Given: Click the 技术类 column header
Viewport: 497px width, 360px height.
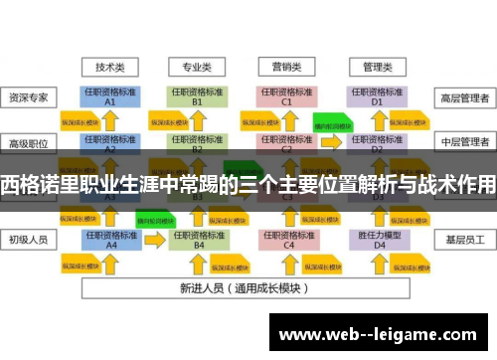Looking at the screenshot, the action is (x=110, y=67).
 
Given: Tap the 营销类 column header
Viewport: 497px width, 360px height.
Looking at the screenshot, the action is (x=287, y=67).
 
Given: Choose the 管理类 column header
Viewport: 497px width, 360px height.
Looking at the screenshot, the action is (x=376, y=67).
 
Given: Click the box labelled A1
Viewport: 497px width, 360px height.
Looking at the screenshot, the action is (x=110, y=96).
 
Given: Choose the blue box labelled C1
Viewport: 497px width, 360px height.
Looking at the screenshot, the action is (x=287, y=96).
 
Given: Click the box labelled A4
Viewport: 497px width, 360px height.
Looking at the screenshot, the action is (x=110, y=240).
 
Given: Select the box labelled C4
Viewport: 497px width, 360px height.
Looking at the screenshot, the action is (x=287, y=240).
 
